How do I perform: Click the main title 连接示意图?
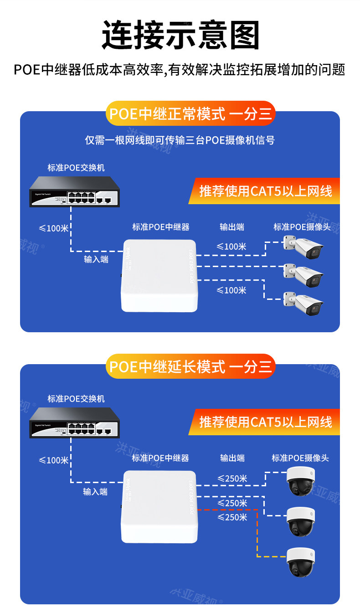click(x=180, y=35)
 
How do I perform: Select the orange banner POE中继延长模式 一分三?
click(x=190, y=366)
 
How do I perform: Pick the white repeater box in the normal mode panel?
click(x=159, y=276)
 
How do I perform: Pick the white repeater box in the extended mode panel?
click(x=159, y=506)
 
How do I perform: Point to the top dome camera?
click(x=300, y=481)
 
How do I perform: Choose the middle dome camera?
click(x=300, y=521)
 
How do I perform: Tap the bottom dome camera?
click(x=300, y=562)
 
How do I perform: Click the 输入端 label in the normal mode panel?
click(x=96, y=260)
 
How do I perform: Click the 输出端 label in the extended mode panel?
click(x=232, y=458)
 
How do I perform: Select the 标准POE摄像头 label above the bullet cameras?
click(x=302, y=227)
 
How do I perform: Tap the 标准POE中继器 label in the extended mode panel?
click(x=160, y=458)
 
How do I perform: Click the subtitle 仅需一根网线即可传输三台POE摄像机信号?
click(x=180, y=140)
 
